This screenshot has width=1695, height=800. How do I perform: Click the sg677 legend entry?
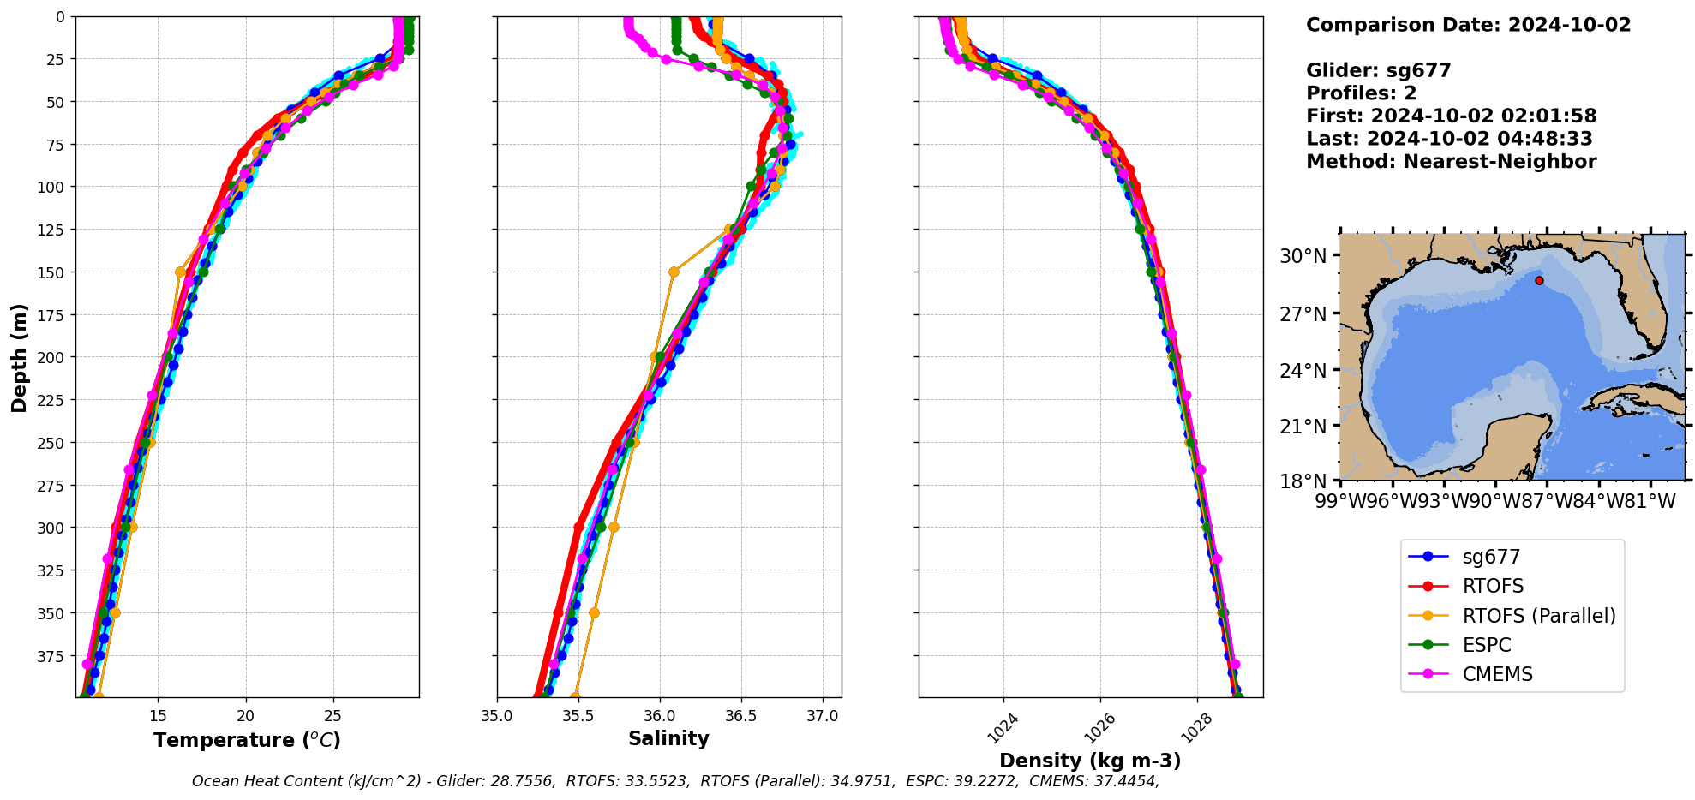(1490, 557)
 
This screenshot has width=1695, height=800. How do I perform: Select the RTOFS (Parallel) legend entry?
(1538, 616)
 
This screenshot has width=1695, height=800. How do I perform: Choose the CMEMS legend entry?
(1497, 674)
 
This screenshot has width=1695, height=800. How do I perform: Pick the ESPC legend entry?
(1486, 645)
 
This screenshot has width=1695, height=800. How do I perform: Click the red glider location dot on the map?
(1539, 280)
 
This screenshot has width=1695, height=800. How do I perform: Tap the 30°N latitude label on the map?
(1303, 256)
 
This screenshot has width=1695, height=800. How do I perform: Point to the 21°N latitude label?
(1303, 427)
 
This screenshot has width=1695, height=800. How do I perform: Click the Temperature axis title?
(247, 740)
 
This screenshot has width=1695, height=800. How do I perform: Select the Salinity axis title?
(668, 738)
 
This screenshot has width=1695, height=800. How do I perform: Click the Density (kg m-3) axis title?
(1090, 761)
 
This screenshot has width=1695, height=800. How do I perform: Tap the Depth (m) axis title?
(19, 357)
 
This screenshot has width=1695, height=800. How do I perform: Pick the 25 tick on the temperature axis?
(333, 716)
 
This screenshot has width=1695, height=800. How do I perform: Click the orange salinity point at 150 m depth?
(674, 272)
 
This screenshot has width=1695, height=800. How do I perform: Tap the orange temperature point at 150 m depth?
(180, 272)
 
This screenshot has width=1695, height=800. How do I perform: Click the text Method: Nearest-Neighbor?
(1451, 162)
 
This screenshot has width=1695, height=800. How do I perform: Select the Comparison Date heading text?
(1468, 25)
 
